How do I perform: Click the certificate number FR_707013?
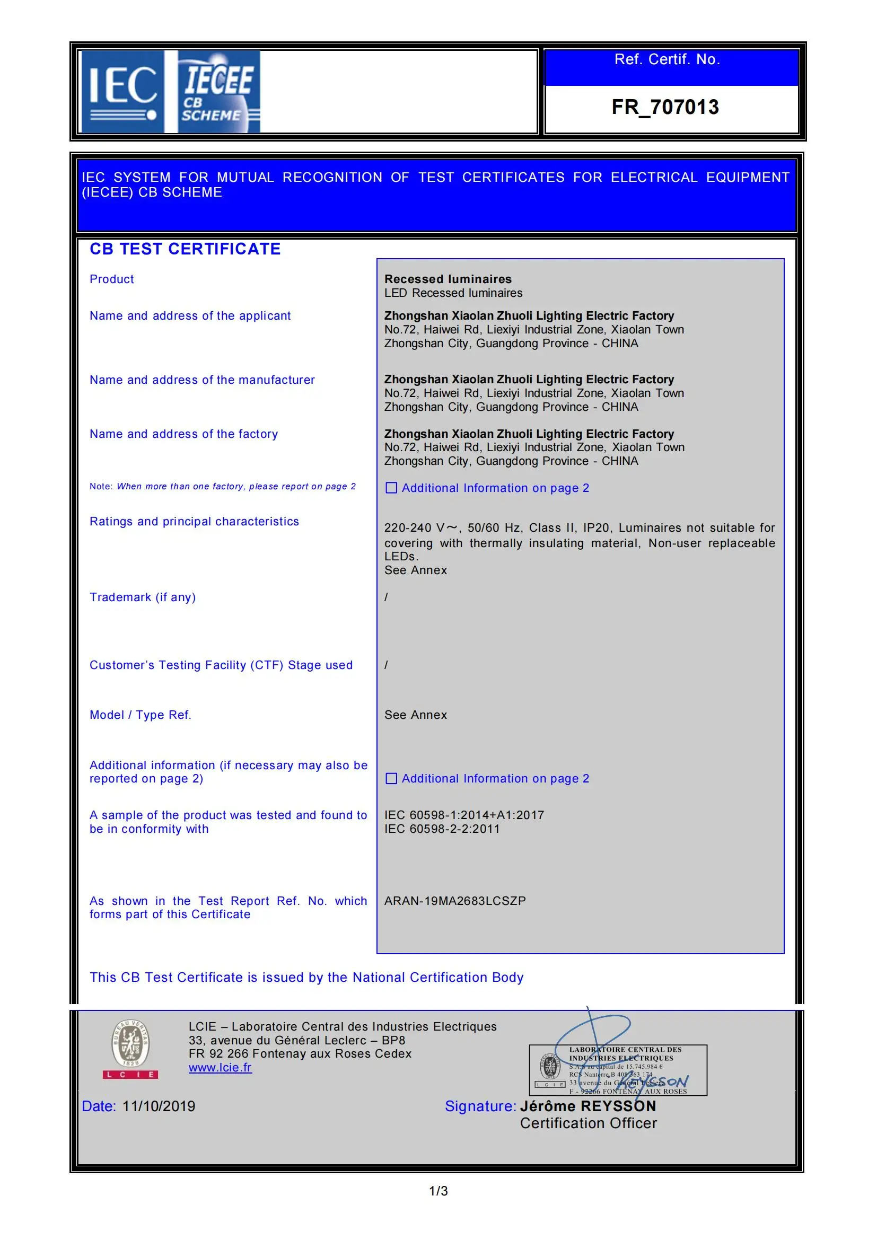(665, 107)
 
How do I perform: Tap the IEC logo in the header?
(123, 91)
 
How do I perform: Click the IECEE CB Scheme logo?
(218, 91)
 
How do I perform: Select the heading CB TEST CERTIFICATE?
(185, 249)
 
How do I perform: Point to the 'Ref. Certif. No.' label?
(667, 59)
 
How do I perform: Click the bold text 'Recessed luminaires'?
(448, 279)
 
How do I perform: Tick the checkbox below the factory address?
(391, 488)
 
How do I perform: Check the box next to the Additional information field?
(391, 778)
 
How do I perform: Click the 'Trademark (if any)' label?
(143, 597)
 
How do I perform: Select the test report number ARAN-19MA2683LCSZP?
(455, 901)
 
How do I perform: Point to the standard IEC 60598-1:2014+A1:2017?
(464, 815)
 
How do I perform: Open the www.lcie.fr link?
(220, 1067)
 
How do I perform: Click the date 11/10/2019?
(159, 1106)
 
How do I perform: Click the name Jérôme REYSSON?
(587, 1106)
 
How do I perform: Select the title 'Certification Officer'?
(588, 1123)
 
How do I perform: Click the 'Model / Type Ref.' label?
(141, 715)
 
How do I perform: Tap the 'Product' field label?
(112, 279)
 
